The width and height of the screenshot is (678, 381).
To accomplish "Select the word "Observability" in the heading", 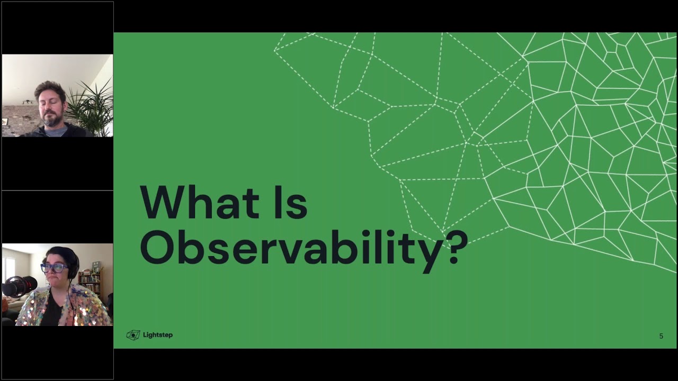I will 289,247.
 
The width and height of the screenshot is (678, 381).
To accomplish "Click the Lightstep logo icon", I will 133,335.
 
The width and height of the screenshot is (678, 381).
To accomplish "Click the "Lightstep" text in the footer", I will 157,335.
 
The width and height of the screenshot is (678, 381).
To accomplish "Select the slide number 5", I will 661,336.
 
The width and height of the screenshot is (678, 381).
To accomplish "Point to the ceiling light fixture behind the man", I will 28,102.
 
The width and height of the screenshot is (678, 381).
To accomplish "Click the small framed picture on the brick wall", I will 5,122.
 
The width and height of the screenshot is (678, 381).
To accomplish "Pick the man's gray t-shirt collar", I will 55,130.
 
